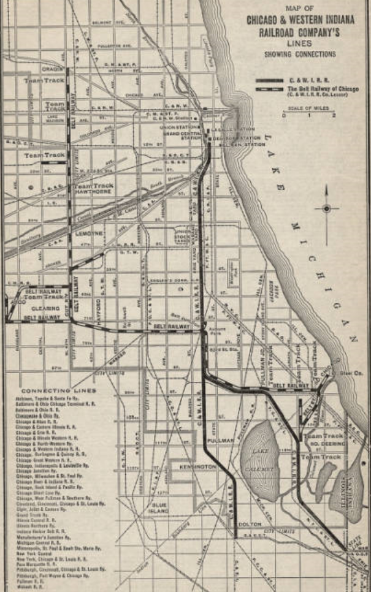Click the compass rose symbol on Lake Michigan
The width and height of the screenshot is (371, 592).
pyautogui.click(x=326, y=209)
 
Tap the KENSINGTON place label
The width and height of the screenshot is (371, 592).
pyautogui.click(x=197, y=466)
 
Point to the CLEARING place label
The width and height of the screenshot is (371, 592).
pyautogui.click(x=39, y=309)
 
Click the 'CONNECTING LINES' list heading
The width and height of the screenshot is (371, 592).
pyautogui.click(x=58, y=390)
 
